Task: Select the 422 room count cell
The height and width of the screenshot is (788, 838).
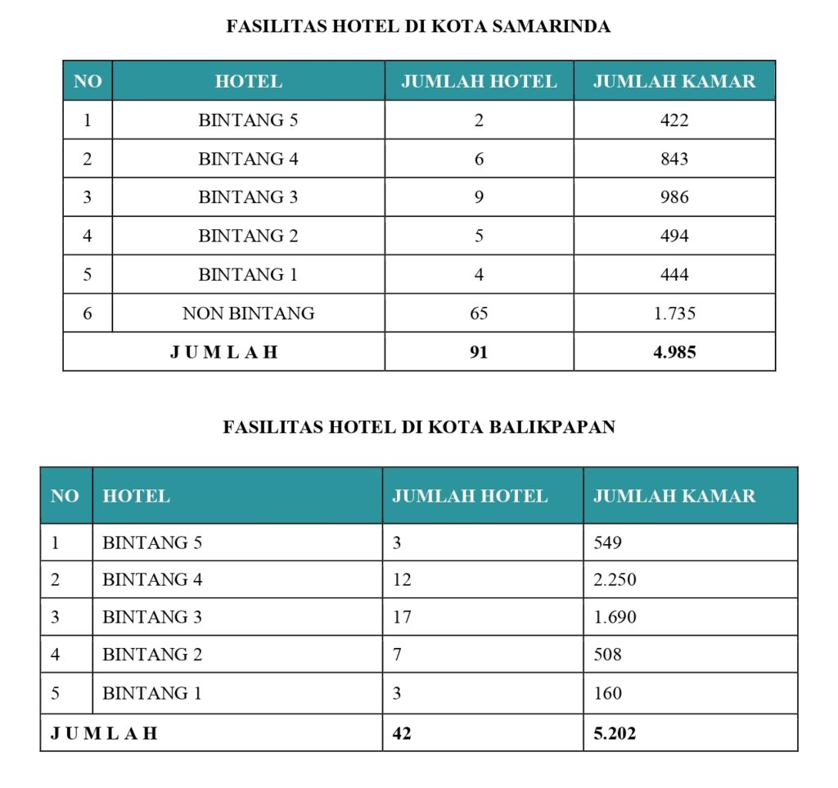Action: point(674,120)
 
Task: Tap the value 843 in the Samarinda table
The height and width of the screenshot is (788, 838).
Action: point(674,159)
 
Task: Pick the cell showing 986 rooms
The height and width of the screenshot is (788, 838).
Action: point(674,197)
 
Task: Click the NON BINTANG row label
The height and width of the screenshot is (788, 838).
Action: point(248,313)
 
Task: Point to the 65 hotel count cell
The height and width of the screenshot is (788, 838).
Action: point(479,313)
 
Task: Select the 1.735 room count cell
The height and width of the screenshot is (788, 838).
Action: point(674,313)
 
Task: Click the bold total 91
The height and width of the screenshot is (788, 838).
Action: point(479,352)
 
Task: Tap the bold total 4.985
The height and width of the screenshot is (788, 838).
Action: point(674,352)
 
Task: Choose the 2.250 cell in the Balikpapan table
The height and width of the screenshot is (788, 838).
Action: point(615,579)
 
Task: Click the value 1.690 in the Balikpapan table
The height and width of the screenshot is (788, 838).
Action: point(615,617)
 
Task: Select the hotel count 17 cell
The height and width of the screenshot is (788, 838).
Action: point(402,617)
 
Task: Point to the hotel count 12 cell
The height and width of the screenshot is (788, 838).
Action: point(402,579)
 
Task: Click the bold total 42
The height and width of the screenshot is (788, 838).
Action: point(402,733)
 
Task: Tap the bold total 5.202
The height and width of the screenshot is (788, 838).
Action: point(615,733)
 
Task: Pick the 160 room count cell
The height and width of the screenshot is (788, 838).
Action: point(607,693)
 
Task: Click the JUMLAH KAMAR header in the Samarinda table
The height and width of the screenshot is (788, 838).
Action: point(674,81)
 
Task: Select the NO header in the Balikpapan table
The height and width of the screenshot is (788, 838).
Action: point(65,496)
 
